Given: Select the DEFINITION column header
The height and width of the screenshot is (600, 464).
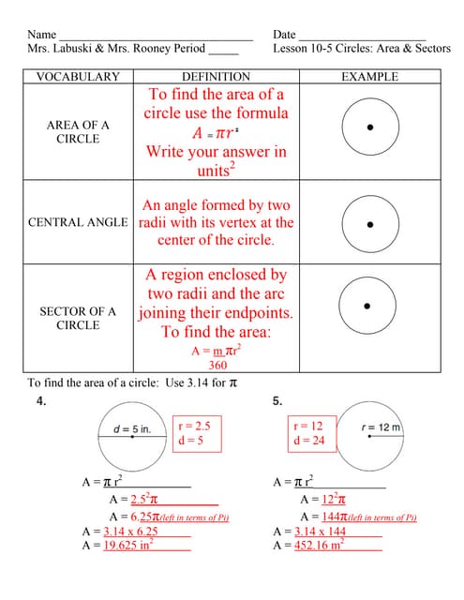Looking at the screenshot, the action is tap(216, 77).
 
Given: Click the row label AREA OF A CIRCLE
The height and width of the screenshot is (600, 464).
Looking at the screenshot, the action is tap(78, 132).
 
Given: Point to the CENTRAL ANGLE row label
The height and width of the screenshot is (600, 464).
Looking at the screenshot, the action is tap(78, 223).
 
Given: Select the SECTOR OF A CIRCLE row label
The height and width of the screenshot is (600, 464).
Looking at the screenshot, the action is tap(78, 318).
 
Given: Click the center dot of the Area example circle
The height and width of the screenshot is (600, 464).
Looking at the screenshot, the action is tap(369, 127).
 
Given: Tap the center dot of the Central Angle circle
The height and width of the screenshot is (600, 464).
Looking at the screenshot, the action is tap(369, 225).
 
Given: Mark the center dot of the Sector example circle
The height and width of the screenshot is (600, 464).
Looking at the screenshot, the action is tap(367, 306).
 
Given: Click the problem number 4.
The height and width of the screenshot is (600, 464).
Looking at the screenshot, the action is tap(41, 400).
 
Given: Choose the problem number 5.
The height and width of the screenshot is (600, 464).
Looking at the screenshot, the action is tap(277, 400).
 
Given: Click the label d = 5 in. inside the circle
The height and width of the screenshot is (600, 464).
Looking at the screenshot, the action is tap(132, 429).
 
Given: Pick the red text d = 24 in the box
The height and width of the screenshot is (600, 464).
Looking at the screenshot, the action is tap(308, 440).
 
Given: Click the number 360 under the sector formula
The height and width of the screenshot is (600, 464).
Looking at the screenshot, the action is tap(217, 366).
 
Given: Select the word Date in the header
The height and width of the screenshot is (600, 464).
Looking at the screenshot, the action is tap(284, 34).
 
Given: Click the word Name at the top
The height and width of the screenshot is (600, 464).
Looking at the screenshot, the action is tap(42, 34).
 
